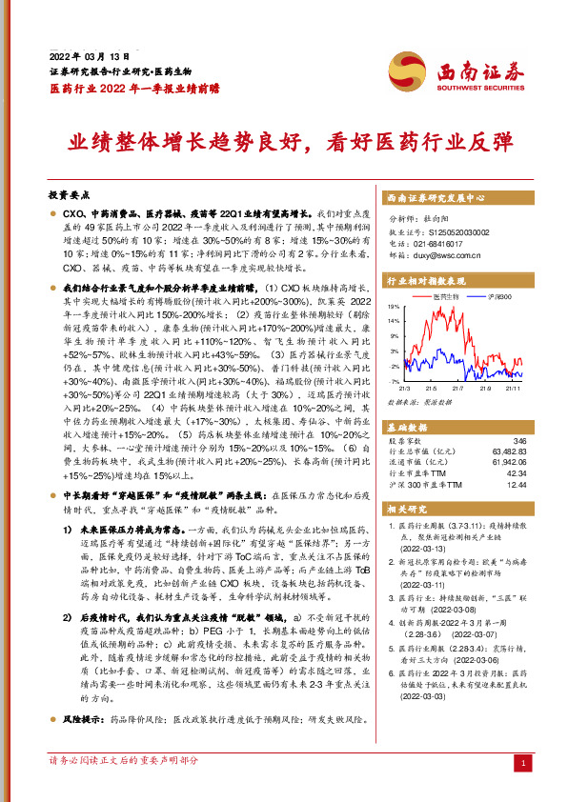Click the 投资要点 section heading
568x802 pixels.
pos(68,191)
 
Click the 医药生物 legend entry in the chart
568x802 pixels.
pos(448,298)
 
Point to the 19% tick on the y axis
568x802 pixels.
pos(393,307)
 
